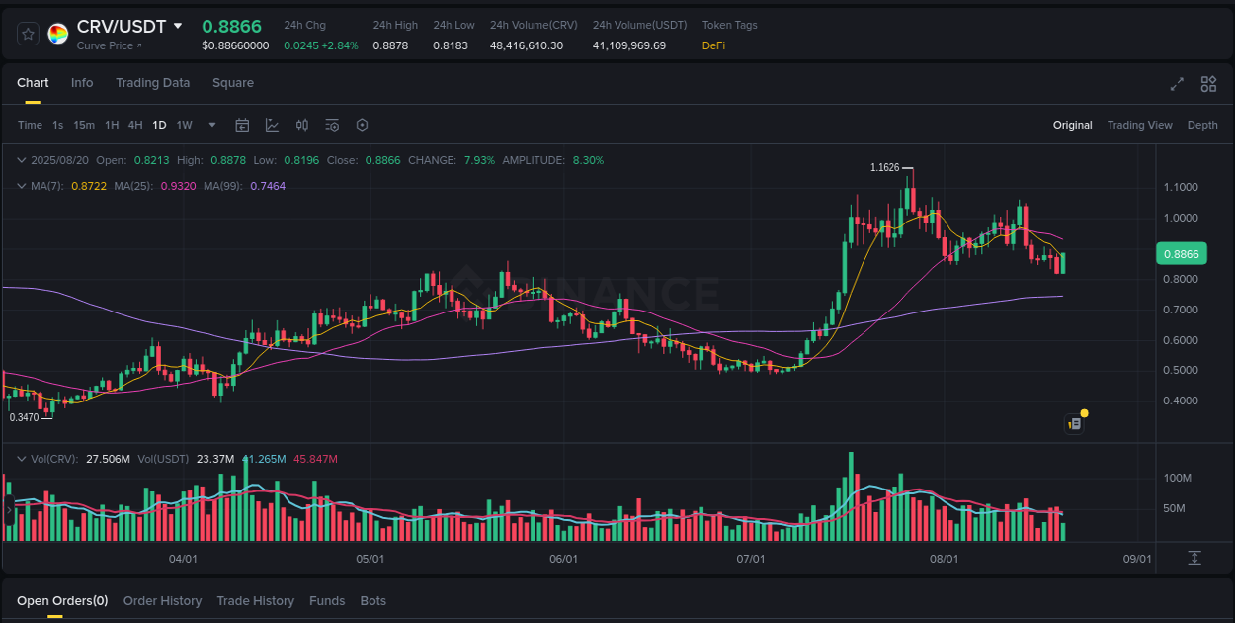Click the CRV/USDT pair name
(x=121, y=26)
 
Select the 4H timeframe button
(x=135, y=125)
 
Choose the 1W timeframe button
(x=184, y=125)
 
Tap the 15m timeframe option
(x=84, y=125)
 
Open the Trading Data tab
(x=152, y=83)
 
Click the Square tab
(x=233, y=83)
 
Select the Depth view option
(x=1202, y=125)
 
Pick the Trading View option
(x=1139, y=125)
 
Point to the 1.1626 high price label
(x=884, y=167)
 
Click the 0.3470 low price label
(x=24, y=418)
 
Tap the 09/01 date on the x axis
(x=1137, y=559)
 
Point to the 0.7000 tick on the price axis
(x=1181, y=310)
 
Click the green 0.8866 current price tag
(x=1181, y=254)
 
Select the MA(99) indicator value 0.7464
(x=268, y=186)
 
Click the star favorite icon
(x=28, y=34)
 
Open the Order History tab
(x=162, y=601)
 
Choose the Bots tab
(x=373, y=601)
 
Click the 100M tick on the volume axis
(x=1177, y=478)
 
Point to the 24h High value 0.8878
(x=390, y=45)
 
